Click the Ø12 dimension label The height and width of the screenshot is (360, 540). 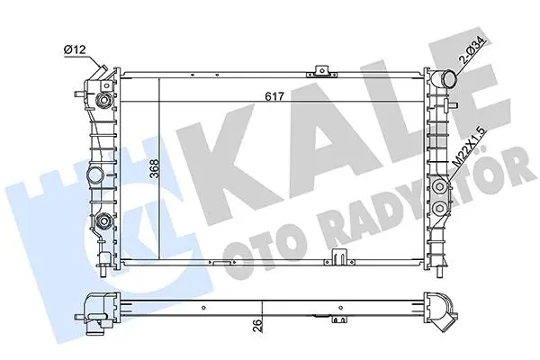click(75, 50)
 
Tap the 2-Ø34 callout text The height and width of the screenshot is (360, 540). click(476, 50)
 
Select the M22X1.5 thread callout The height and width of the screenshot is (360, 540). click(470, 148)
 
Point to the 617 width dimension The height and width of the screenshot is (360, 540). click(274, 96)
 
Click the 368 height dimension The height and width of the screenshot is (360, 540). click(155, 168)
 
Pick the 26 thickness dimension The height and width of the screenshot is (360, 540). click(258, 325)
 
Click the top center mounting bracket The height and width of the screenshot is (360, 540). click(322, 70)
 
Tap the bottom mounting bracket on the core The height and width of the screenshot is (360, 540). click(339, 257)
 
